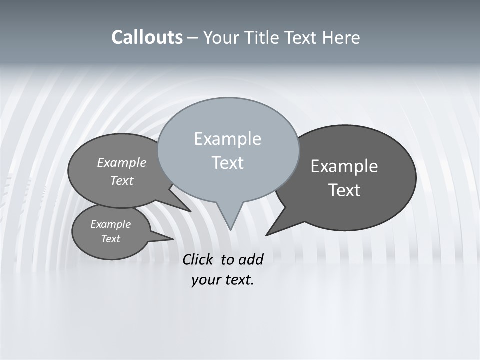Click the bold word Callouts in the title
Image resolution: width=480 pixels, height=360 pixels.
coord(147,38)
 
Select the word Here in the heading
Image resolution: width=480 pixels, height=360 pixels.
coord(340,38)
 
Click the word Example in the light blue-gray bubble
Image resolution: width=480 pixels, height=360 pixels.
coord(227,139)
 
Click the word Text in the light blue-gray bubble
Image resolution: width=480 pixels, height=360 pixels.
coord(227,163)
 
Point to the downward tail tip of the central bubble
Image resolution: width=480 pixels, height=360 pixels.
coord(230,229)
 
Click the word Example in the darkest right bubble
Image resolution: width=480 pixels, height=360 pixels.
coord(344,166)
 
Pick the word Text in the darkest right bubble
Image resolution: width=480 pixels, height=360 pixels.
coord(344,190)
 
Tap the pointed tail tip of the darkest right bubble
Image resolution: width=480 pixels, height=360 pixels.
coord(266,235)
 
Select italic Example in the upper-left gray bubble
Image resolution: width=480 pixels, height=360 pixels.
coord(122,163)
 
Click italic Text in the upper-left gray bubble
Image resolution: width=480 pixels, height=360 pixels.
coord(122,181)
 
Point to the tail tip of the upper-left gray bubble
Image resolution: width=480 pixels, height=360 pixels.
coord(190,211)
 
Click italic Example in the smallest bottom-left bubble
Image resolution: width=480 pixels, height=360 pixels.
coord(110,224)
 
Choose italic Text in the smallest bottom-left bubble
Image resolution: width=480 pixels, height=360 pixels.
coord(110,239)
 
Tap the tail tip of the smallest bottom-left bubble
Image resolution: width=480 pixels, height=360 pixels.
coord(173,239)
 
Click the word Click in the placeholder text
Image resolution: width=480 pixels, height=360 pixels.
coord(199,259)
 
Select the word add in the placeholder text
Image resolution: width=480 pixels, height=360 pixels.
coord(251,259)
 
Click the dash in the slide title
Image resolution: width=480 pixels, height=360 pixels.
coord(193,38)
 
